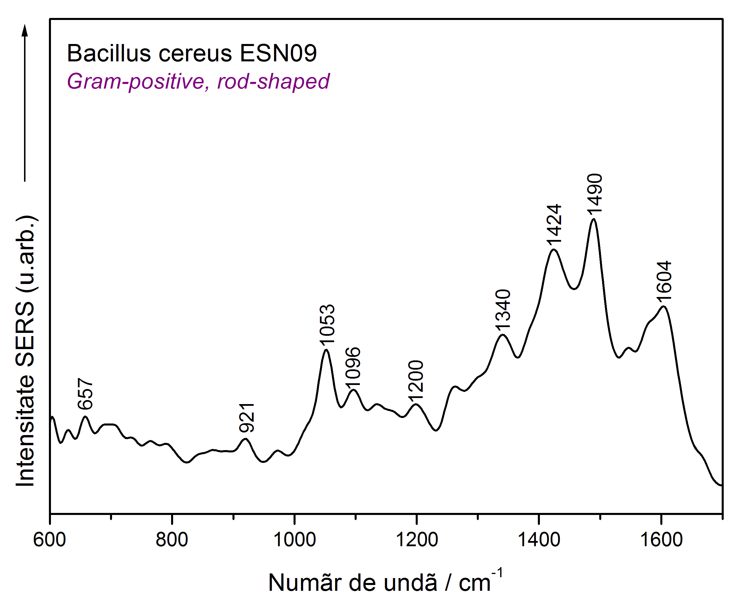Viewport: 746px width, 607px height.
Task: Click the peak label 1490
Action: [x=595, y=193]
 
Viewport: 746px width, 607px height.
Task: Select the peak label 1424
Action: [x=554, y=224]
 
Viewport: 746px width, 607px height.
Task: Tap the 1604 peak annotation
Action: [x=664, y=281]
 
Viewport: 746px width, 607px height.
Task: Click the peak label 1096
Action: [x=353, y=368]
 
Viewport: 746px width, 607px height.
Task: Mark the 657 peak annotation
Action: [x=85, y=394]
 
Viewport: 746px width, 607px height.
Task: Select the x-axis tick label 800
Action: [x=172, y=540]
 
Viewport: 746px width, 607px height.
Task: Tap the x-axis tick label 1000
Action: [x=294, y=540]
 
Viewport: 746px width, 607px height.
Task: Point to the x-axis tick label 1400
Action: [x=539, y=540]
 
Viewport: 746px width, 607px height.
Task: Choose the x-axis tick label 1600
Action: [x=661, y=540]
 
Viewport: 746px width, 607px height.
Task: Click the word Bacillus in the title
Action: [x=109, y=54]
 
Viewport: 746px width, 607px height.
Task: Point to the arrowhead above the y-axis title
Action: [x=25, y=30]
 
